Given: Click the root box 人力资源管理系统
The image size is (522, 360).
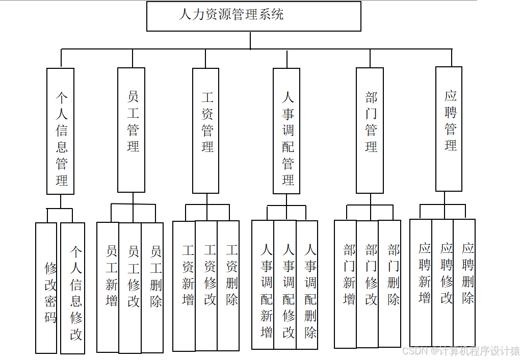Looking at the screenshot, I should coord(253,16).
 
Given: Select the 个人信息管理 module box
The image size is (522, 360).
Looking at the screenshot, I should coord(61,131).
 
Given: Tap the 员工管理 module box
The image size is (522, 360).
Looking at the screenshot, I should coord(132,130).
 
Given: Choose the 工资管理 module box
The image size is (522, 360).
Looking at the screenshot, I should coord(206,131).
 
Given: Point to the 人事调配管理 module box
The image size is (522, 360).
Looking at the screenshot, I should coord(286,131).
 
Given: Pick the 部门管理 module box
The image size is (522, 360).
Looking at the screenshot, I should coord(370,131).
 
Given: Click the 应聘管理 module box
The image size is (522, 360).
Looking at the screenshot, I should coord(449,128).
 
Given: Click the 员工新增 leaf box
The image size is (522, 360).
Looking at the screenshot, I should coord(108,287).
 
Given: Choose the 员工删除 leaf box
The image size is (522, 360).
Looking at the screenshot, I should coord(152,288).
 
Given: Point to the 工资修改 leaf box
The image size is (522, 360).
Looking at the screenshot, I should coord(206,286).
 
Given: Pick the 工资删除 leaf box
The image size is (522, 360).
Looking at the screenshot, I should coord(228,286).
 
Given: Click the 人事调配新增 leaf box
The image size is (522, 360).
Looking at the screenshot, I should coord(263,285).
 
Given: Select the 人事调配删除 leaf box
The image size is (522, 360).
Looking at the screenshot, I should coord(307,285).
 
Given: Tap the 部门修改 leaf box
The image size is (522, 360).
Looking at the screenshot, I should coord(368,284).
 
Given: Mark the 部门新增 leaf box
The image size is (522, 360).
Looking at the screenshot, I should coord(346,284).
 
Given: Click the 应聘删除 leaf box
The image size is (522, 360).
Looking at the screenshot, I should coord(464,282).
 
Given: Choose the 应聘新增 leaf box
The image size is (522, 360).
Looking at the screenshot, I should coord(421,282).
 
